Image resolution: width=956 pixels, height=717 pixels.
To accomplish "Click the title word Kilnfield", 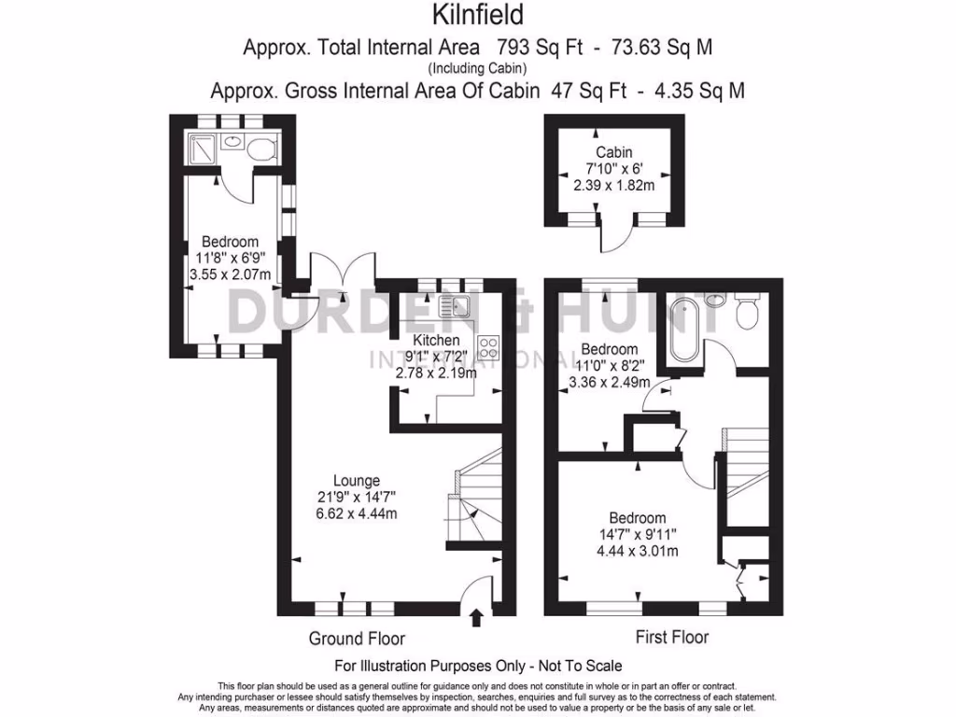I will click(477, 15).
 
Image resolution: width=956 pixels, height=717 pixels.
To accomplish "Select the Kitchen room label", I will click(436, 340).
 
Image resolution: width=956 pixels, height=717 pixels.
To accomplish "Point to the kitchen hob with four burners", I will click(488, 347).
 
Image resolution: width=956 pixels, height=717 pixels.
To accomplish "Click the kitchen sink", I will click(454, 305).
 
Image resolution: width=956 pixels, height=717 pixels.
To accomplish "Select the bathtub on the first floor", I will click(679, 331).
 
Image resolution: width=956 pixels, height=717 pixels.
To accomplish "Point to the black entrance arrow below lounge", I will click(477, 616).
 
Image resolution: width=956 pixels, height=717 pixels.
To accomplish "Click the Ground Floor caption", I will click(357, 639).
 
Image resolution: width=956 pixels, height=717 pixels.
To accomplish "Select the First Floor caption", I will click(671, 638).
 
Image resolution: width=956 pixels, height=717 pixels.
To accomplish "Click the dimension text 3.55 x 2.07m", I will click(230, 274).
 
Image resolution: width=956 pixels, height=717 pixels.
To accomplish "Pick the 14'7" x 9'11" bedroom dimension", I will click(638, 535).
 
